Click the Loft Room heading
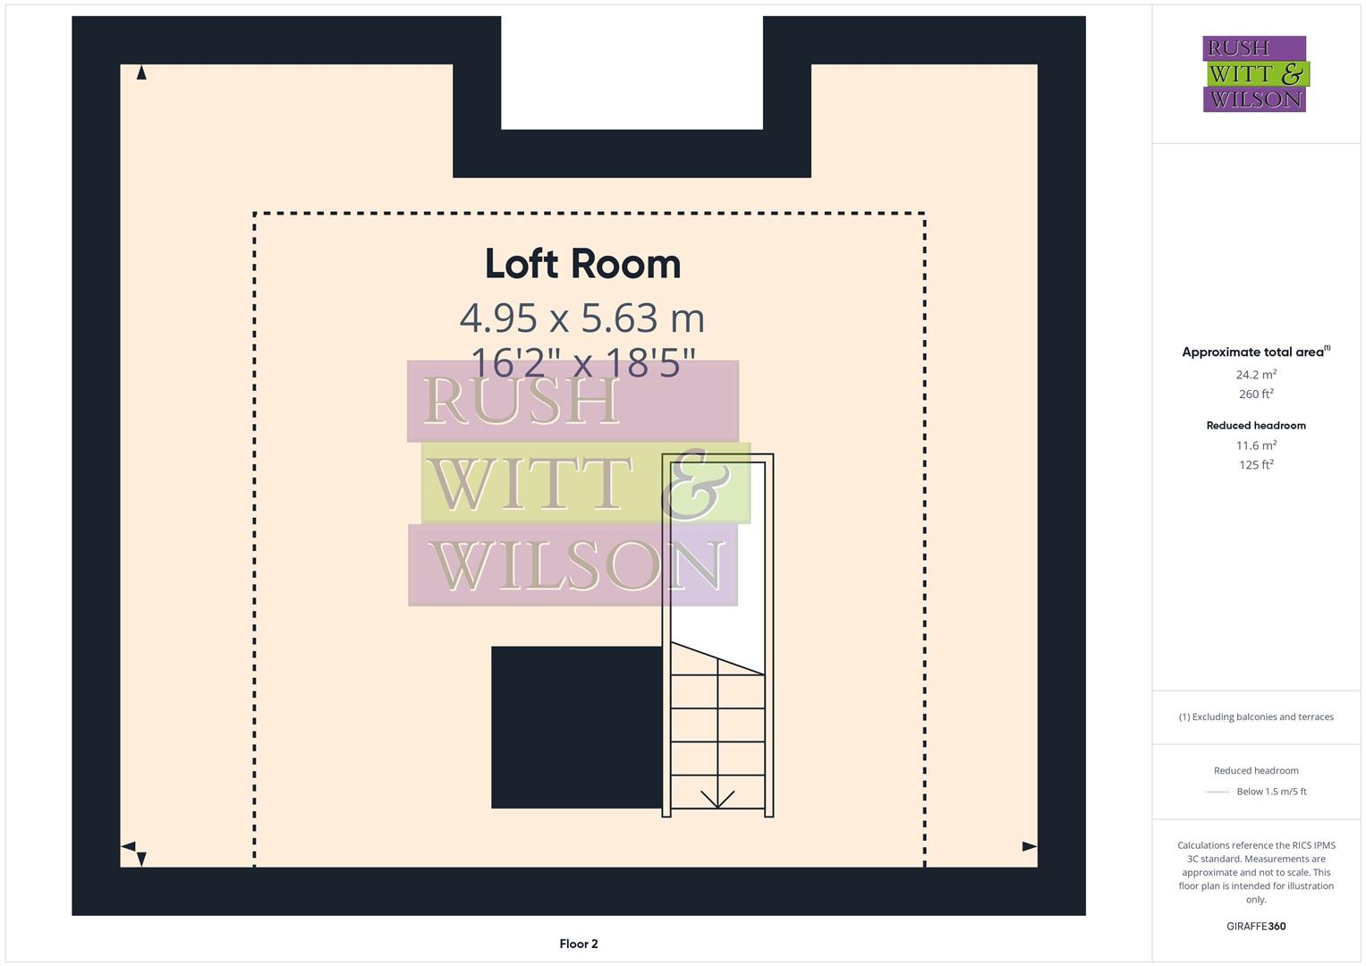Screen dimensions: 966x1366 (x=582, y=264)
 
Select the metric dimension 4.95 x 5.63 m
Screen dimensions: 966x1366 (x=582, y=318)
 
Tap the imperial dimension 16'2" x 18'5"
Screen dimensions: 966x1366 (x=582, y=363)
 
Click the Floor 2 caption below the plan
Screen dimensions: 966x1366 (x=579, y=944)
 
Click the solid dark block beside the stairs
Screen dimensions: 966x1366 (x=577, y=727)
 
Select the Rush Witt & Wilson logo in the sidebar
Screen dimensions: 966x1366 (x=1255, y=74)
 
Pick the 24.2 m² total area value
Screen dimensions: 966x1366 (x=1256, y=375)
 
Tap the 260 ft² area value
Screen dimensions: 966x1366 (x=1256, y=394)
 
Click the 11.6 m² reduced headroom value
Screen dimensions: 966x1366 (x=1256, y=445)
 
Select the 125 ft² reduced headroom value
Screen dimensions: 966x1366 (x=1256, y=465)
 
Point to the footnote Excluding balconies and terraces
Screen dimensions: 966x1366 (x=1256, y=716)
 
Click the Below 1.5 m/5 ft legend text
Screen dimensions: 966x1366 (x=1271, y=792)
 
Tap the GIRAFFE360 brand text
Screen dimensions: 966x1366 (x=1256, y=927)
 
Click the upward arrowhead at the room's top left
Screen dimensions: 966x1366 (x=141, y=73)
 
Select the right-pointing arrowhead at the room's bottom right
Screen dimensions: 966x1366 (x=1030, y=846)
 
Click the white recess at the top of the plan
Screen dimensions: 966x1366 (x=632, y=72)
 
